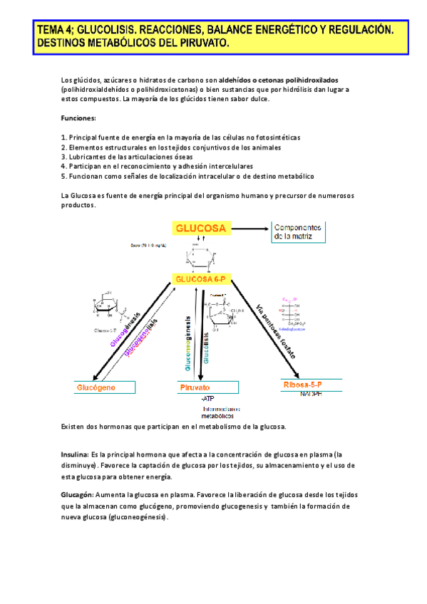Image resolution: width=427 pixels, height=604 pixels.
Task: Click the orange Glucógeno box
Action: point(106,387)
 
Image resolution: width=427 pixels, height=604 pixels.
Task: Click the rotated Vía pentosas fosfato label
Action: point(275,330)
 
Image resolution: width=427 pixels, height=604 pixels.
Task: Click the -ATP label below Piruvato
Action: point(207,399)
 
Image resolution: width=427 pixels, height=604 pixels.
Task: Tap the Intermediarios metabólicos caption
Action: point(221,413)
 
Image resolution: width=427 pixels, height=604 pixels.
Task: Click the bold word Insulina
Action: point(74,454)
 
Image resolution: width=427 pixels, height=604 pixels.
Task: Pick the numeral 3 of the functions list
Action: point(63,156)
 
